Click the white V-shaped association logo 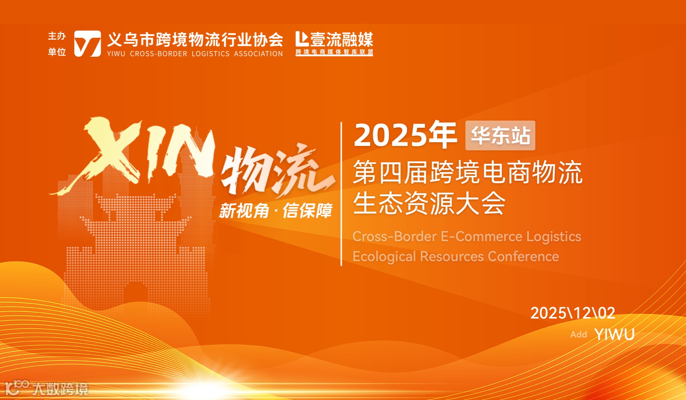coord(87,44)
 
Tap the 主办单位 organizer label coord(57,44)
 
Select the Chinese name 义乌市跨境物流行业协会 coord(195,39)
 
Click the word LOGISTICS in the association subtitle coord(211,54)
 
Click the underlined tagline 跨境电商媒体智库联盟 coord(334,52)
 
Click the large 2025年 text coord(405,135)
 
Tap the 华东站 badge coord(500,136)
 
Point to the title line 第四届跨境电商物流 coord(468,172)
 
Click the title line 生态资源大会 coord(429,203)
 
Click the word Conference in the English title coord(523,256)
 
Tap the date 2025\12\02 coord(573,313)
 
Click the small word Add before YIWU coord(579,334)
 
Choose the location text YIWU coord(614,334)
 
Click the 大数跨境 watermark coord(59,389)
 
